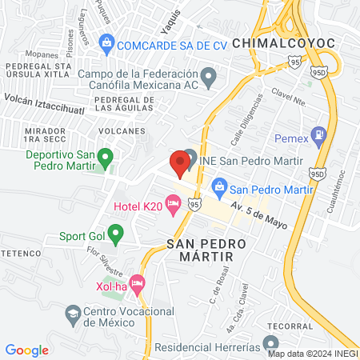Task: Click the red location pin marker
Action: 180,161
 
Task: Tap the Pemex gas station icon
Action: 319,135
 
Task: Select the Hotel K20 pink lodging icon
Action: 172,206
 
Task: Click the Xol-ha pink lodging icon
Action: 137,282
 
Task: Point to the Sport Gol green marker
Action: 116,236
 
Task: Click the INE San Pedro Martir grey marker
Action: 190,159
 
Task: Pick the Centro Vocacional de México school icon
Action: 73,313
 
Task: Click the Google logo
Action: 26,350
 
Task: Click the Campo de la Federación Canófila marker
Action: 210,78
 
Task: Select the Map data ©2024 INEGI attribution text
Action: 313,353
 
